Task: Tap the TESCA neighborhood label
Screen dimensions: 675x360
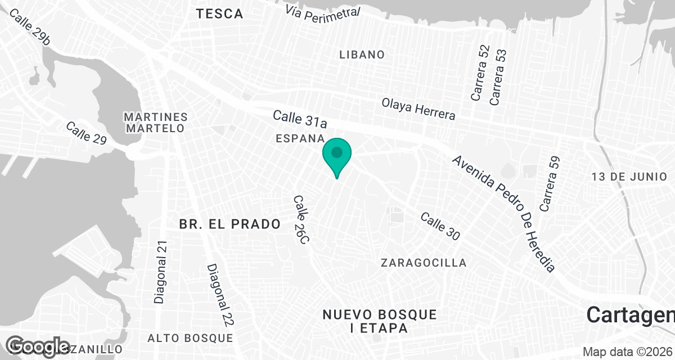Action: point(220,14)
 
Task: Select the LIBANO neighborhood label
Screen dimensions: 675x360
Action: point(362,55)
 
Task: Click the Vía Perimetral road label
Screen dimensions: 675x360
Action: point(322,13)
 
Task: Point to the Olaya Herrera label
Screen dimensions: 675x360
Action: point(418,109)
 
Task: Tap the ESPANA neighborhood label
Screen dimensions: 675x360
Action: point(300,138)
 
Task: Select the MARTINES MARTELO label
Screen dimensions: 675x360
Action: point(155,123)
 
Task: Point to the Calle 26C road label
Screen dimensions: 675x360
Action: point(301,220)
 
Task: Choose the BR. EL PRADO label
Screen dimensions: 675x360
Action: point(230,224)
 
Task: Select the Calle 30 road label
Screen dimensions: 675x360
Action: point(440,226)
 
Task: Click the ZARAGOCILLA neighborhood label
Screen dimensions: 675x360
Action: point(424,263)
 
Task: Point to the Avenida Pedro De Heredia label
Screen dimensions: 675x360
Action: point(504,214)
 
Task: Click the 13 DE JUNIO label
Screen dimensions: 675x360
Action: point(629,177)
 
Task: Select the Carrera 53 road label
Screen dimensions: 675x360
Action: point(498,77)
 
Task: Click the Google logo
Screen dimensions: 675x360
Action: point(39,346)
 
